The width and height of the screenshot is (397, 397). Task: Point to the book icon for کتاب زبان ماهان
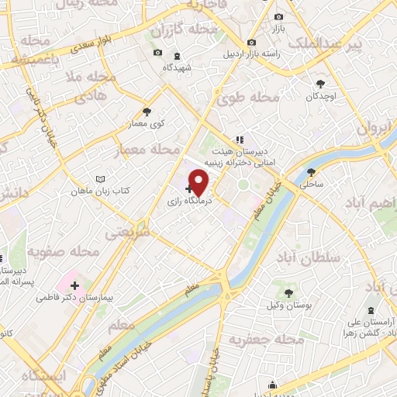click(99, 179)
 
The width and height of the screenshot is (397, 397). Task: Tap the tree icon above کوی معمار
click(147, 112)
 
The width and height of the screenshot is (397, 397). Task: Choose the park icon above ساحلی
click(312, 173)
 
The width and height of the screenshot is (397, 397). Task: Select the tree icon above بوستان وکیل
click(288, 293)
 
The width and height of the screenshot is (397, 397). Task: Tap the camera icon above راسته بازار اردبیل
click(250, 43)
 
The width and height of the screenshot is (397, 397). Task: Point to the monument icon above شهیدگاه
click(177, 56)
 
